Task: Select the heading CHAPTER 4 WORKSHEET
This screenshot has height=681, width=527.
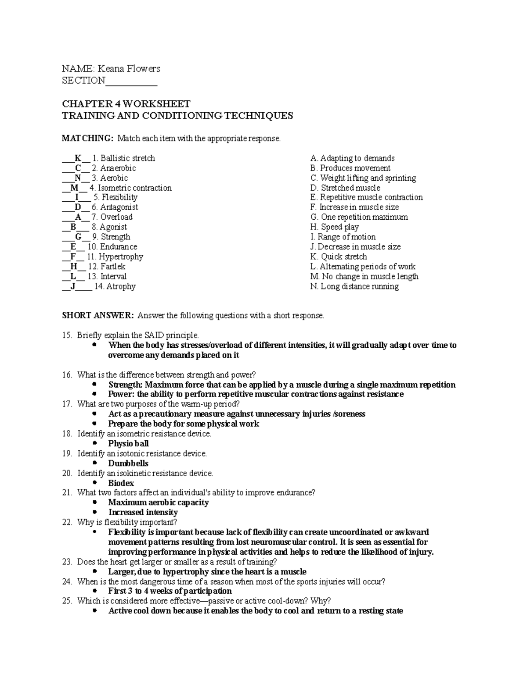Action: pos(126,104)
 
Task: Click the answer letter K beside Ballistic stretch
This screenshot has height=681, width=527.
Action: pos(78,158)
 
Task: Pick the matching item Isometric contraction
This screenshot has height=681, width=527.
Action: pos(135,188)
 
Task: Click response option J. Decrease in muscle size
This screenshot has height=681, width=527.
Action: pos(355,247)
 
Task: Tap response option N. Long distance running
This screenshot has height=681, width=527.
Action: pos(354,286)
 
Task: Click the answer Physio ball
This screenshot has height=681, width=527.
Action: pos(128,443)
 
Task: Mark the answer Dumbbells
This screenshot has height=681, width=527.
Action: pos(128,463)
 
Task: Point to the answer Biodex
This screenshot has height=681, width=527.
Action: pos(121,483)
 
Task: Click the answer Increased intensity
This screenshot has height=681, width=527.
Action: pos(143,512)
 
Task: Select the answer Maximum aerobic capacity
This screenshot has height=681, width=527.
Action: pos(159,502)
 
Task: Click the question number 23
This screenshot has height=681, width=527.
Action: pos(67,562)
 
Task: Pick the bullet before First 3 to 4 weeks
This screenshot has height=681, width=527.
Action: pos(95,591)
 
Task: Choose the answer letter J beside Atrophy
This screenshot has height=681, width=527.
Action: pos(73,286)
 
